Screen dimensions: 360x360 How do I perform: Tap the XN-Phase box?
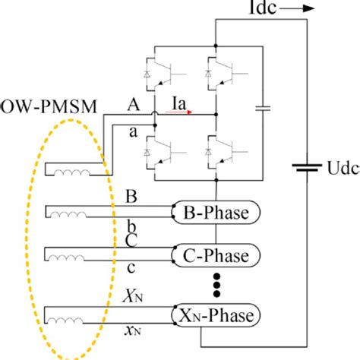coord(216,314)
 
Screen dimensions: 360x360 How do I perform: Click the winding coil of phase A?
coord(70,175)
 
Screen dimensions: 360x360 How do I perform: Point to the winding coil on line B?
coord(70,214)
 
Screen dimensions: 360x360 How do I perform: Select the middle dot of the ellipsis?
coord(216,284)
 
